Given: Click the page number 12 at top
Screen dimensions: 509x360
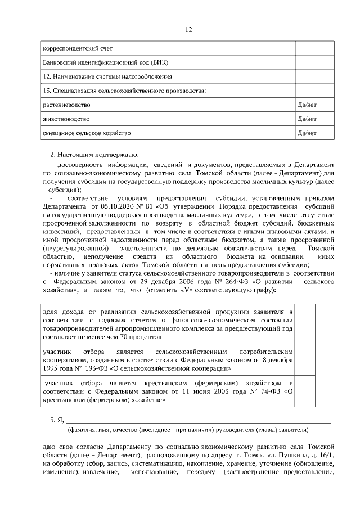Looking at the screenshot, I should click(x=189, y=30).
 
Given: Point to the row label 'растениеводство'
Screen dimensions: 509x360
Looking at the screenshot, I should click(x=66, y=105).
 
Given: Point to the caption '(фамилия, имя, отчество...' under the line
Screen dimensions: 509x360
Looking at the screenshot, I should click(x=188, y=430).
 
